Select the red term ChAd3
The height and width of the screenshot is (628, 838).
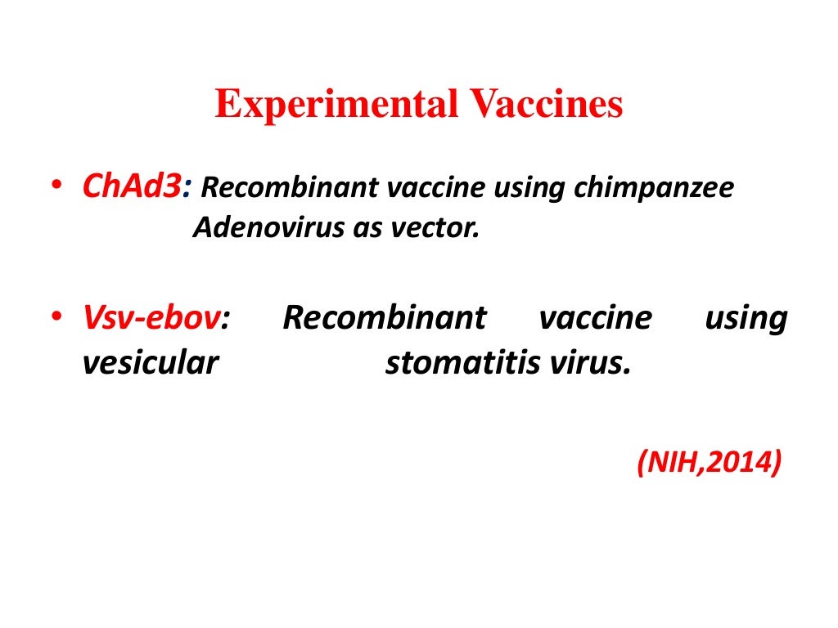[x=132, y=188]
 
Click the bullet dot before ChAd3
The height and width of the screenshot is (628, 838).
[x=54, y=187]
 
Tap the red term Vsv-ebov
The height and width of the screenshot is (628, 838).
[x=151, y=318]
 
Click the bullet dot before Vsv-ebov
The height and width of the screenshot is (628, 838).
[x=54, y=318]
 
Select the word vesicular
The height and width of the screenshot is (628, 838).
[x=150, y=362]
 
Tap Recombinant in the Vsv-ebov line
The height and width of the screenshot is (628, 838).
[x=384, y=318]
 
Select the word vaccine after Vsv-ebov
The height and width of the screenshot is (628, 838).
[x=596, y=318]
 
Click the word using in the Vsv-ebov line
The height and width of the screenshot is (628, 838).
[x=746, y=318]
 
